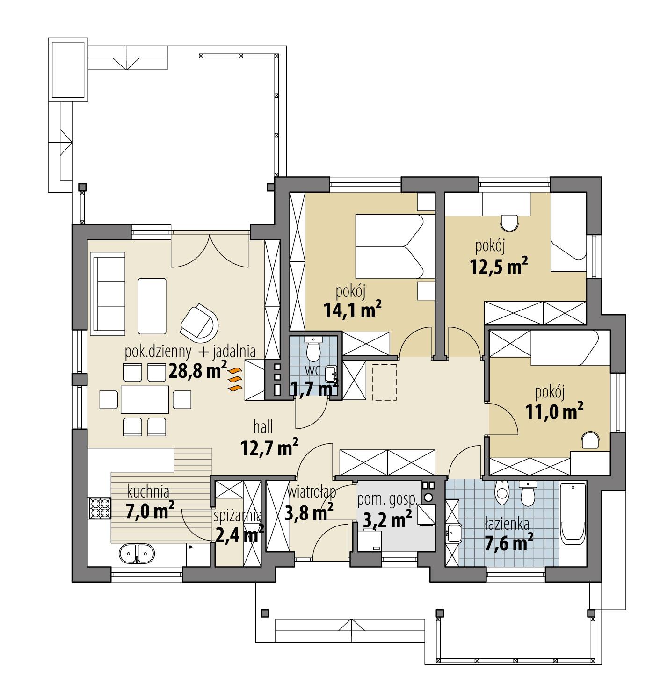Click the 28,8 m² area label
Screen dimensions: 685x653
(x=197, y=372)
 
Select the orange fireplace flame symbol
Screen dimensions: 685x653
(x=235, y=378)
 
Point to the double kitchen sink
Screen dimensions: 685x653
(x=137, y=555)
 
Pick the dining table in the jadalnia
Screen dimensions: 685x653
(x=145, y=399)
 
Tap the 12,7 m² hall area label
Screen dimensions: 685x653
(x=269, y=448)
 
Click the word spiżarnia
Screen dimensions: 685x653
(x=238, y=516)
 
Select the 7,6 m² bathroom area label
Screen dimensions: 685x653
(x=510, y=543)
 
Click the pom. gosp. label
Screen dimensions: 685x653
(x=386, y=499)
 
